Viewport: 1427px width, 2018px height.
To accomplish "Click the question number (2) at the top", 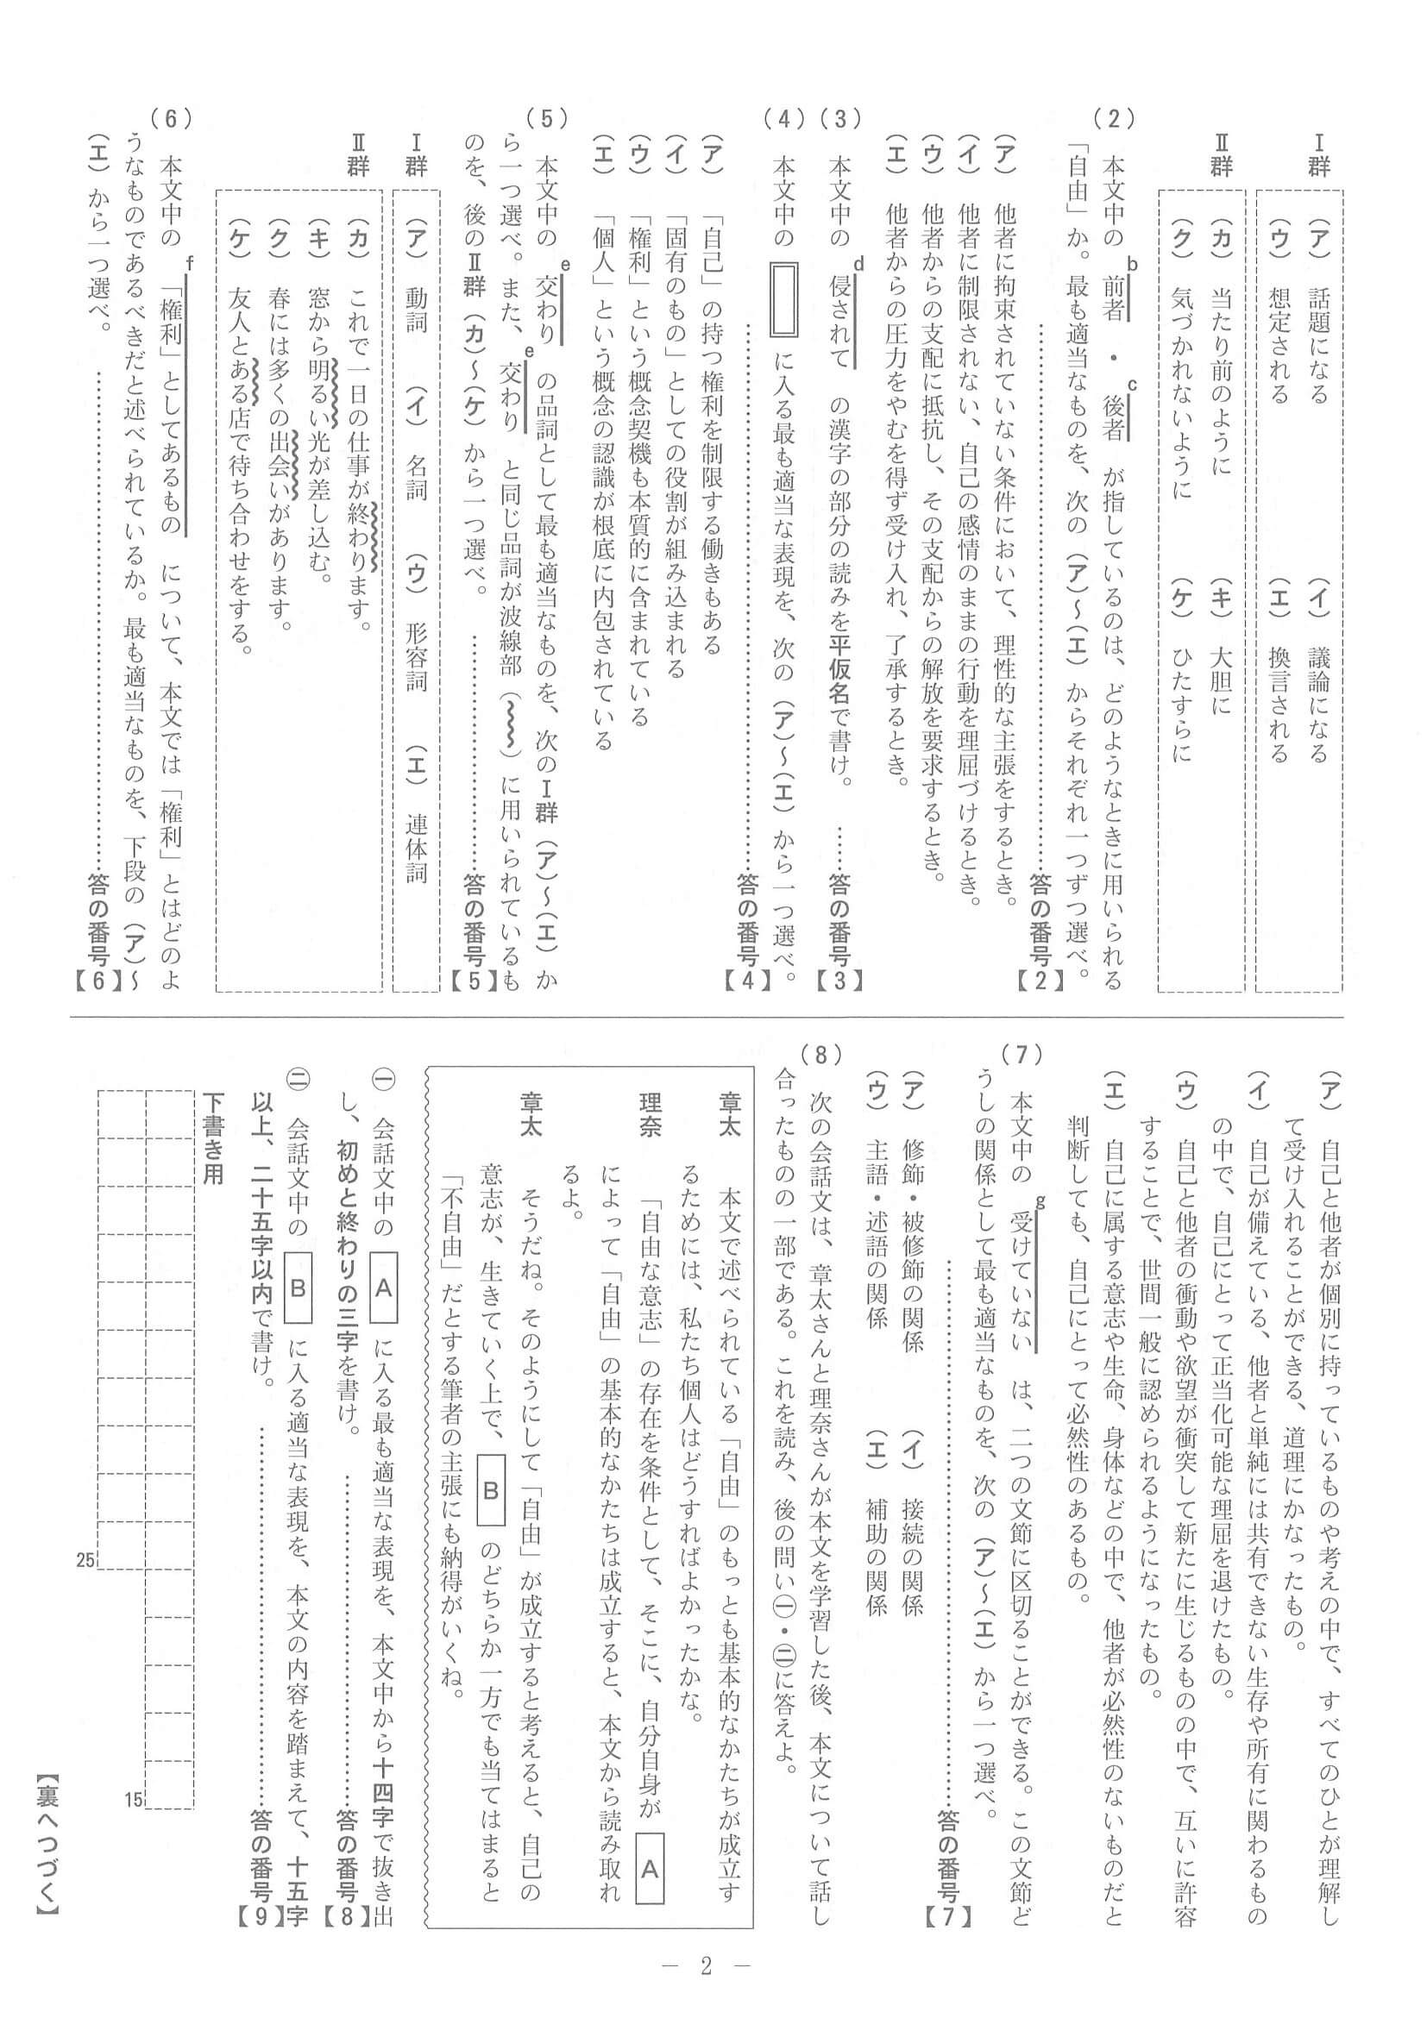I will coord(1114,118).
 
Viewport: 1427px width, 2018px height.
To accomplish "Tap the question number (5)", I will coord(547,118).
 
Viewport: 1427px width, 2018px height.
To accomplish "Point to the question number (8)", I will coord(822,1052).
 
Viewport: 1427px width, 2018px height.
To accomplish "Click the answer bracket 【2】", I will coord(1040,980).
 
